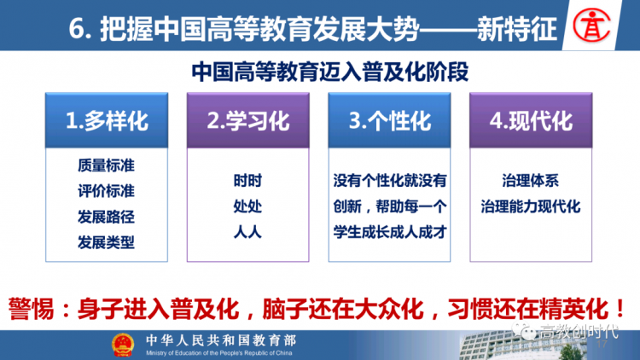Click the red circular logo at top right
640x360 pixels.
click(591, 26)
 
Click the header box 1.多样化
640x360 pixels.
click(107, 120)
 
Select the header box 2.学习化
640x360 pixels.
click(248, 120)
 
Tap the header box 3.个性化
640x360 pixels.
click(389, 120)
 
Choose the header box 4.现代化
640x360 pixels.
click(531, 120)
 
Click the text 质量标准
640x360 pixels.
click(106, 165)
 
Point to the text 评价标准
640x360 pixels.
click(106, 191)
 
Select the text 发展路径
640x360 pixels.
click(106, 217)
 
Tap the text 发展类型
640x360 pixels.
click(106, 242)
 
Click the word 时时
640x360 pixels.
click(247, 180)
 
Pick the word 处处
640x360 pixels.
click(247, 206)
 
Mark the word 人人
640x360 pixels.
click(247, 232)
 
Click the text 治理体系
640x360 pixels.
click(530, 180)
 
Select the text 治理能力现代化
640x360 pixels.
click(530, 206)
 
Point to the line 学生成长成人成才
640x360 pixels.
click(390, 232)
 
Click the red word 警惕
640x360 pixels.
click(31, 309)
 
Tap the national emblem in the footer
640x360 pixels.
click(123, 345)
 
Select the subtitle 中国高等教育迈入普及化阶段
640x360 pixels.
click(329, 72)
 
